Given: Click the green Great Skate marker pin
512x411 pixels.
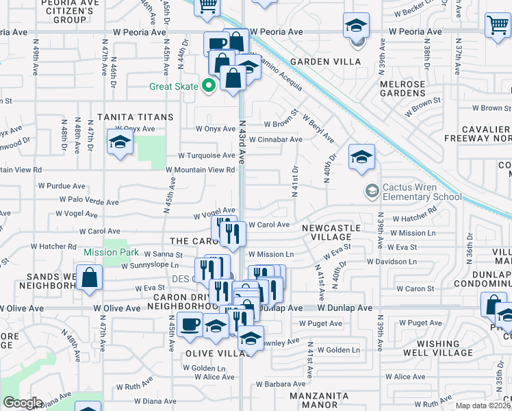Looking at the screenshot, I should click(210, 86).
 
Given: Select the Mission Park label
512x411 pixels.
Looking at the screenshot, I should click(110, 252).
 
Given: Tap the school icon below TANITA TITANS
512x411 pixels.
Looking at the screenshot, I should click(120, 142).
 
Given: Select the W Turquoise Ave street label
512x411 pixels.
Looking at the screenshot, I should click(207, 155).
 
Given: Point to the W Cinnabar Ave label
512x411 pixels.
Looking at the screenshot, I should click(275, 140).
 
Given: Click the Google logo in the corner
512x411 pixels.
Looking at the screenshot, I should click(23, 403).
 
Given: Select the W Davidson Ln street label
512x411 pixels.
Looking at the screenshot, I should click(392, 262).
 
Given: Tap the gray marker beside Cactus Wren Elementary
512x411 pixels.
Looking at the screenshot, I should click(372, 190).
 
